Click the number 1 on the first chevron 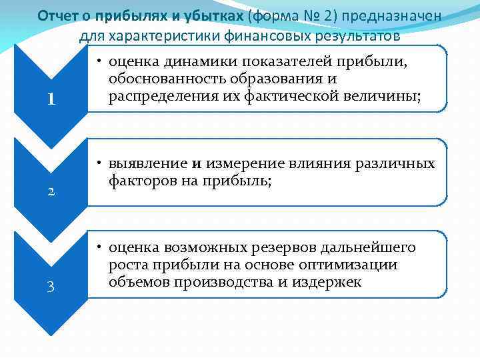[50, 99]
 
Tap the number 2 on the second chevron [50, 192]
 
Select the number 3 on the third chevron [50, 287]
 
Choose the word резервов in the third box [283, 248]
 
